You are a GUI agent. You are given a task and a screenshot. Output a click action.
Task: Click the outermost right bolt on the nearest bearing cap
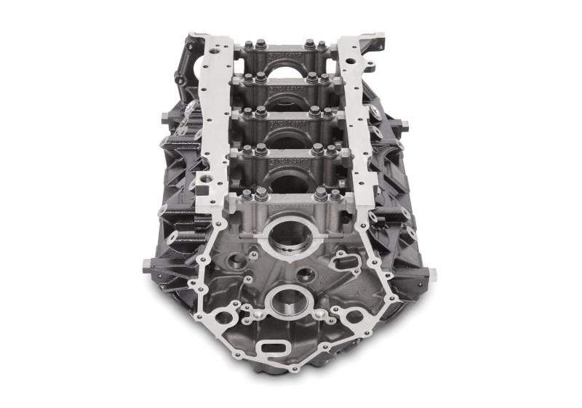(335, 195)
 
